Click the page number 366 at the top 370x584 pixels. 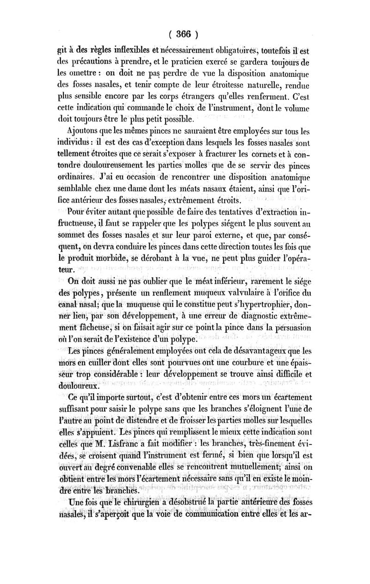[184, 34]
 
